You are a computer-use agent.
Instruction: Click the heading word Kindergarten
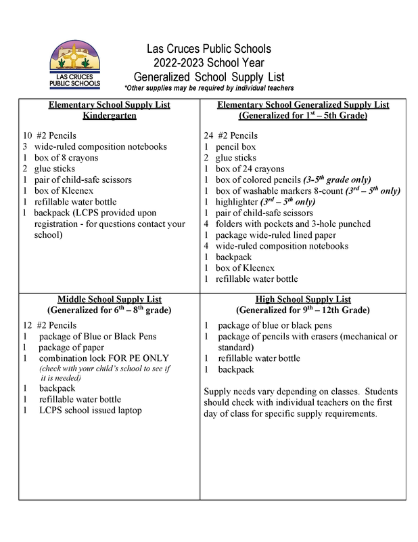(110, 116)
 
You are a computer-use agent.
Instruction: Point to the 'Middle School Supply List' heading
(109, 299)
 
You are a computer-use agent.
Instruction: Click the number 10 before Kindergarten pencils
(28, 135)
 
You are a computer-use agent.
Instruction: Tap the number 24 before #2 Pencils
(209, 135)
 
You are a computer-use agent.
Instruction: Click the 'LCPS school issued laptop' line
(91, 411)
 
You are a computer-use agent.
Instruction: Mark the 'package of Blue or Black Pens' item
(97, 336)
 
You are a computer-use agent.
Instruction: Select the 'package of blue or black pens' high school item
(275, 325)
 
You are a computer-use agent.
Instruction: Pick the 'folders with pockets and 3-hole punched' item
(293, 224)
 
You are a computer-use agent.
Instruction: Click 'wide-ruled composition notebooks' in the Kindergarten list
(101, 146)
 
